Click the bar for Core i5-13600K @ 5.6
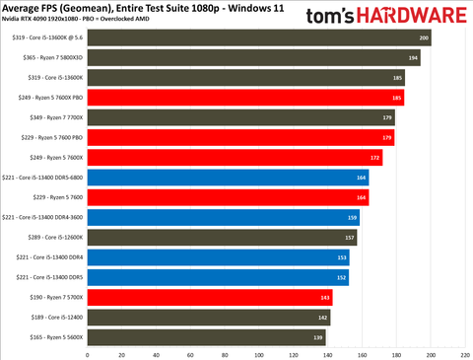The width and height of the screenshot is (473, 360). click(256, 37)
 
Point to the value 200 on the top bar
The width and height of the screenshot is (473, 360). click(424, 37)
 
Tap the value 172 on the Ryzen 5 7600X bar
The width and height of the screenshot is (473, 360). click(374, 158)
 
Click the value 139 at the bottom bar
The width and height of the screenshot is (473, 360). click(318, 337)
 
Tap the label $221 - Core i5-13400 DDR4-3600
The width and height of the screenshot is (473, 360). click(43, 217)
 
